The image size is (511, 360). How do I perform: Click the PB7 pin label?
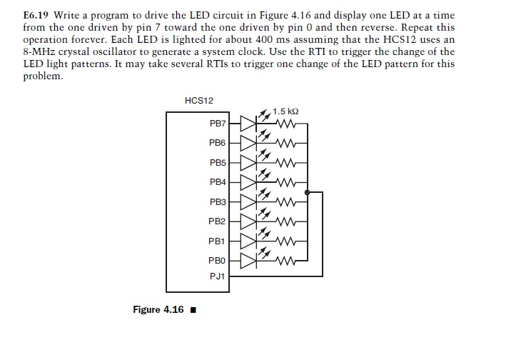218,124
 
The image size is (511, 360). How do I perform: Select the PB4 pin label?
218,183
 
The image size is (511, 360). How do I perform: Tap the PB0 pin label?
218,262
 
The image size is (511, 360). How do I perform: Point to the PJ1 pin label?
218,276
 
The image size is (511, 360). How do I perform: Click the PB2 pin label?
218,222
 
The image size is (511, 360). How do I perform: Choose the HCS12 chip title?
198,101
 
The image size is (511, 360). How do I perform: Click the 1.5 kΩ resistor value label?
285,111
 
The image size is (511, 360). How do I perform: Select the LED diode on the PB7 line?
247,124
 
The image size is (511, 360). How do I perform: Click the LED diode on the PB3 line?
247,202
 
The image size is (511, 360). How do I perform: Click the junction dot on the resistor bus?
308,192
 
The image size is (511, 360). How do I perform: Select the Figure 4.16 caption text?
158,309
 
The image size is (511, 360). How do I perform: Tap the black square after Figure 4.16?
193,310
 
